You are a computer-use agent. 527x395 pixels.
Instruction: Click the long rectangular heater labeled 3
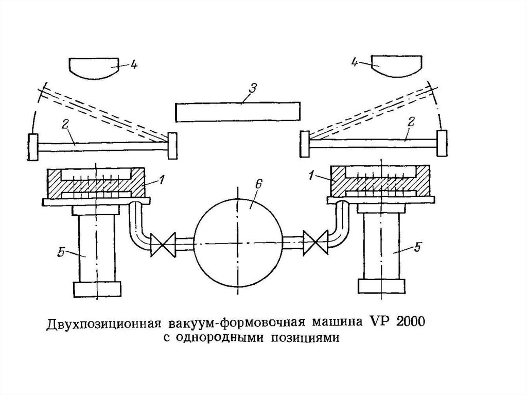237,112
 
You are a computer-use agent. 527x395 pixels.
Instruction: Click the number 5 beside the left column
61,252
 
